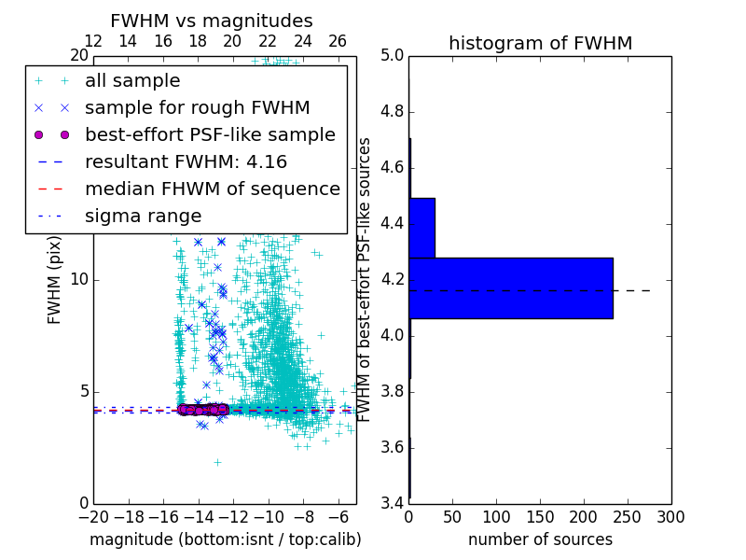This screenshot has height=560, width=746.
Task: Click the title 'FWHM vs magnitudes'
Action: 212,21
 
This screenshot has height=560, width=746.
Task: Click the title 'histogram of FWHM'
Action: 540,43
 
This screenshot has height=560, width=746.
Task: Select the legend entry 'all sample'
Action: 132,81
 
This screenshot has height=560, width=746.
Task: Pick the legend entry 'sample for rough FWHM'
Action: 197,107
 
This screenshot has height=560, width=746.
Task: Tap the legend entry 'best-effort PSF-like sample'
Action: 210,134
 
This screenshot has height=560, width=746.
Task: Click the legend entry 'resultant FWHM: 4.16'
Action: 186,161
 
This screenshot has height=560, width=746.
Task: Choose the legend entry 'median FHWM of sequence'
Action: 212,189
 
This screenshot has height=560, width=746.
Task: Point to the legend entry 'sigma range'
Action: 143,216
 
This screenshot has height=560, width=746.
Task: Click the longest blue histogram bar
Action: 511,288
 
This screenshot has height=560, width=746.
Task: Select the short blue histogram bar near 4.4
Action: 421,228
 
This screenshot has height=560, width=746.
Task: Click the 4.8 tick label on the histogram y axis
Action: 392,112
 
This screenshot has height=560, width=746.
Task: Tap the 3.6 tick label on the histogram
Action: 392,447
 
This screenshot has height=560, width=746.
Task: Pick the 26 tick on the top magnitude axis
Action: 338,41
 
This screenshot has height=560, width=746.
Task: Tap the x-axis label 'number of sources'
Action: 540,539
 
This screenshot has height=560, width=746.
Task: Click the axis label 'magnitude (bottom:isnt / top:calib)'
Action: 225,539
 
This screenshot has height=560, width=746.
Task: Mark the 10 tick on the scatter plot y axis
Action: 79,280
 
